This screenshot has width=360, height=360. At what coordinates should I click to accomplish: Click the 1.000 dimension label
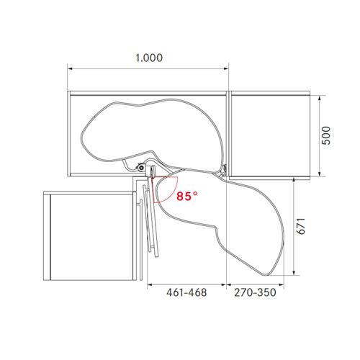coord(149,58)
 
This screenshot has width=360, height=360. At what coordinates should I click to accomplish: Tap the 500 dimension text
coord(326,135)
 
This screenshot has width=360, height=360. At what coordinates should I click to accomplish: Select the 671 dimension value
coord(300,226)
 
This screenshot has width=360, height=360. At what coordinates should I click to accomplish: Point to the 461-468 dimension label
coord(186,292)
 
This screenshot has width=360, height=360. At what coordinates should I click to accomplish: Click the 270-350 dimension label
coord(255,292)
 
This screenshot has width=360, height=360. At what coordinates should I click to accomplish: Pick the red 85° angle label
coord(187,197)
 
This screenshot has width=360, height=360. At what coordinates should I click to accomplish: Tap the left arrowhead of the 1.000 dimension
coord(71,68)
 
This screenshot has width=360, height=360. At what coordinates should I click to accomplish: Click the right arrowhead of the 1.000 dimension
coord(226,68)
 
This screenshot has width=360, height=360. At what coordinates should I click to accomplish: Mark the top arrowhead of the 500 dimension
coord(320,99)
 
